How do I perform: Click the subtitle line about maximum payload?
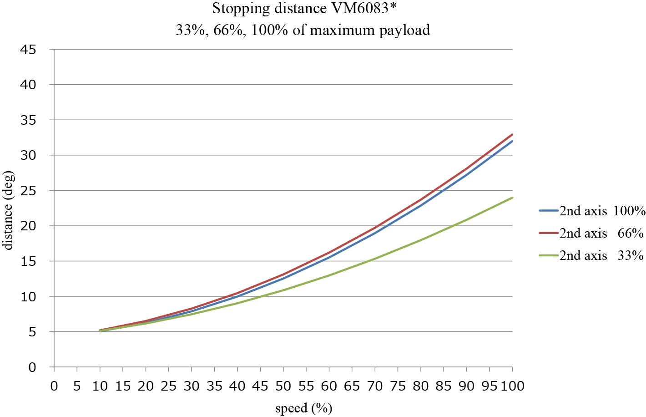[303, 30]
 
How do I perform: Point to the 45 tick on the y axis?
[28, 50]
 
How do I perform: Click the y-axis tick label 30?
[28, 155]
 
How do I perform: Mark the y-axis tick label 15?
[28, 261]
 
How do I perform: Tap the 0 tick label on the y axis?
[31, 367]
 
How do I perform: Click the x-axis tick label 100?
[513, 386]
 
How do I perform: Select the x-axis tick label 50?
[283, 386]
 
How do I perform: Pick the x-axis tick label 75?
[398, 386]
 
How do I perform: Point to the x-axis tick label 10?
[100, 386]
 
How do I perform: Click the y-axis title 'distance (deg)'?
[8, 210]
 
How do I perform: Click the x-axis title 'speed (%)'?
[303, 408]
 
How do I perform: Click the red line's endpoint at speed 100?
[513, 134]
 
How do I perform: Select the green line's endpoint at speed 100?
[513, 198]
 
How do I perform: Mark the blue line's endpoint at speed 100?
[513, 141]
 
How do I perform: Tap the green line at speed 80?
[421, 240]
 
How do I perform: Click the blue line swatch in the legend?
[548, 211]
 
